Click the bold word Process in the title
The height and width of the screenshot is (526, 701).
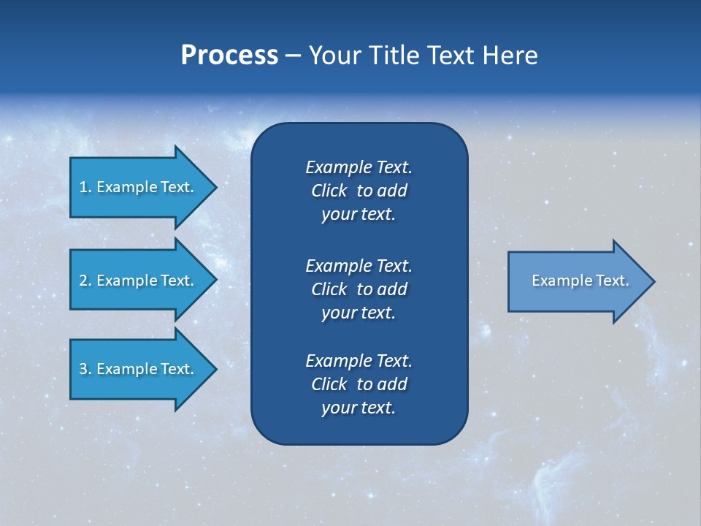point(229,56)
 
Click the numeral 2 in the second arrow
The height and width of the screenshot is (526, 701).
point(83,281)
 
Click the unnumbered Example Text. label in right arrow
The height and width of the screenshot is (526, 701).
point(580,281)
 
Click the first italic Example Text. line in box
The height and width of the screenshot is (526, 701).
point(359,167)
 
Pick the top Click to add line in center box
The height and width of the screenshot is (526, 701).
point(359,191)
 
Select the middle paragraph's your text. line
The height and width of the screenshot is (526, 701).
point(359,313)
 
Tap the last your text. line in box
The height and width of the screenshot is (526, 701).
point(359,408)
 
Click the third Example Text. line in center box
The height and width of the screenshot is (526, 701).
point(359,361)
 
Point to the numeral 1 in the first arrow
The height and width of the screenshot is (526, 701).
point(83,187)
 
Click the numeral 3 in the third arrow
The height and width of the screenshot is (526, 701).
point(83,369)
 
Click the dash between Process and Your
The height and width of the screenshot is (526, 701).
point(293,56)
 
